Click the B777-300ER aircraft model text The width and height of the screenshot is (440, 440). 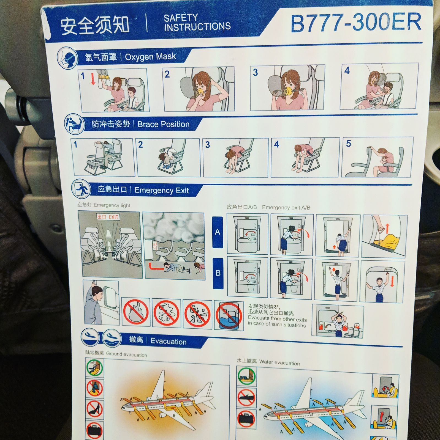356,23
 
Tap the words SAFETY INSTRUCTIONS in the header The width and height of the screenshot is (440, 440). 197,22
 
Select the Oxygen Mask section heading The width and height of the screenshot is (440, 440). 150,57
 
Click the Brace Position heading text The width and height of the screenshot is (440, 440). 164,124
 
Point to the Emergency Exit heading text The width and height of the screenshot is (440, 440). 162,190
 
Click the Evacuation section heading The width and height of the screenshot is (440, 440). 169,342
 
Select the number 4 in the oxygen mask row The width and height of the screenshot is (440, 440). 347,71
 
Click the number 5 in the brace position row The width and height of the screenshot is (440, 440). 349,144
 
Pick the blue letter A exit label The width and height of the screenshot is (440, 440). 218,232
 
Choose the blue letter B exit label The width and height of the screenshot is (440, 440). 218,273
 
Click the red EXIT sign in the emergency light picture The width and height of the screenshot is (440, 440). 108,217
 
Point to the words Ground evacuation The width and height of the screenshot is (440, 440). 126,354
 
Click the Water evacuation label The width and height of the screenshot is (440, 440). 279,362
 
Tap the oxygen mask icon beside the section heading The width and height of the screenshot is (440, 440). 67,58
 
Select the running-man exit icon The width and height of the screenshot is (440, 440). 81,189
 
